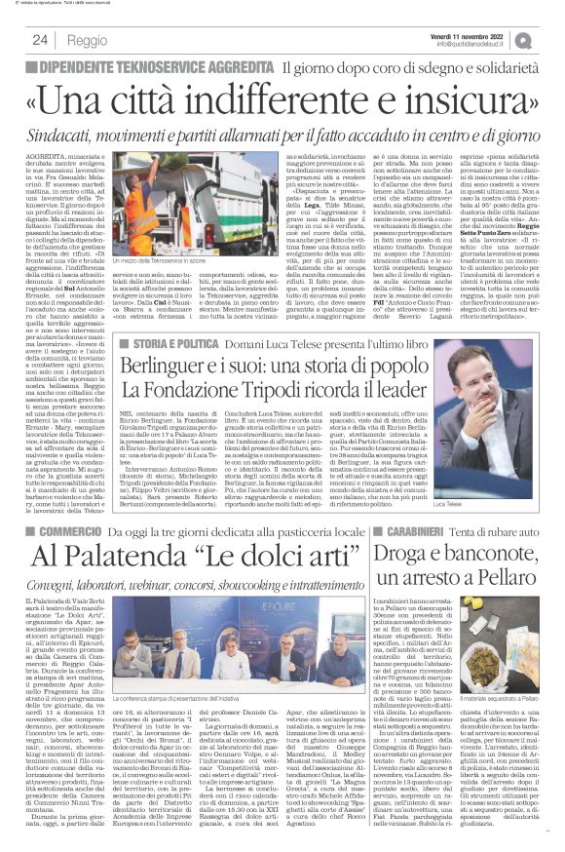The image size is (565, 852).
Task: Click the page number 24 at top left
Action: [40, 40]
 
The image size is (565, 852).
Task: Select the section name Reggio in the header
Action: [87, 41]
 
